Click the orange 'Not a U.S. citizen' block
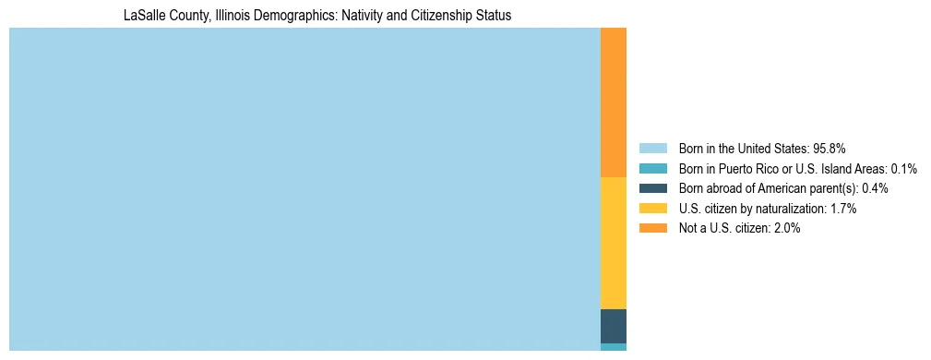tap(613, 102)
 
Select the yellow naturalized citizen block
tap(613, 242)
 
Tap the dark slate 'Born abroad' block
tap(613, 326)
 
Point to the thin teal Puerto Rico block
tap(613, 347)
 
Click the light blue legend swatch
tap(652, 148)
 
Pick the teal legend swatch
tap(652, 168)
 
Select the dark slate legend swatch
tap(652, 188)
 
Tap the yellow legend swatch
tap(652, 209)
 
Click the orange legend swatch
tap(652, 228)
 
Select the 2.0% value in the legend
tap(786, 228)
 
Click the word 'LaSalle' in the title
tap(143, 16)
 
